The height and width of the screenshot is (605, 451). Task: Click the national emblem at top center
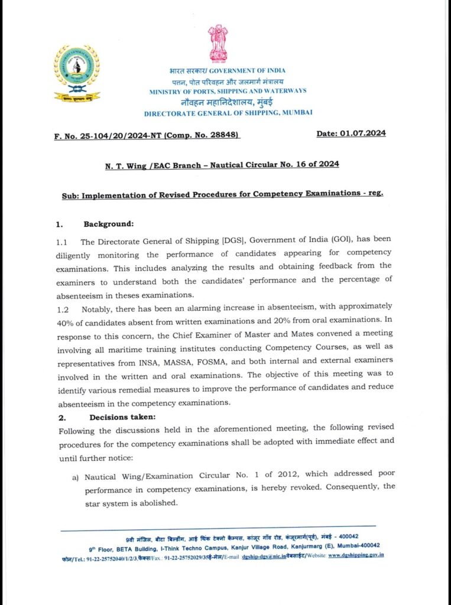(x=218, y=44)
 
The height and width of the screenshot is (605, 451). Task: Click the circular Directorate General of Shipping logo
(x=77, y=66)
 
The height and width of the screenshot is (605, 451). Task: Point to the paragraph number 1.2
(x=63, y=307)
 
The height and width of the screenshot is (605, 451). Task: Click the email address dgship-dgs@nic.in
(x=267, y=556)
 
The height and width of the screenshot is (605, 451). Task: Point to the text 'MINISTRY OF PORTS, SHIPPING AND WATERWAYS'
(x=228, y=91)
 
